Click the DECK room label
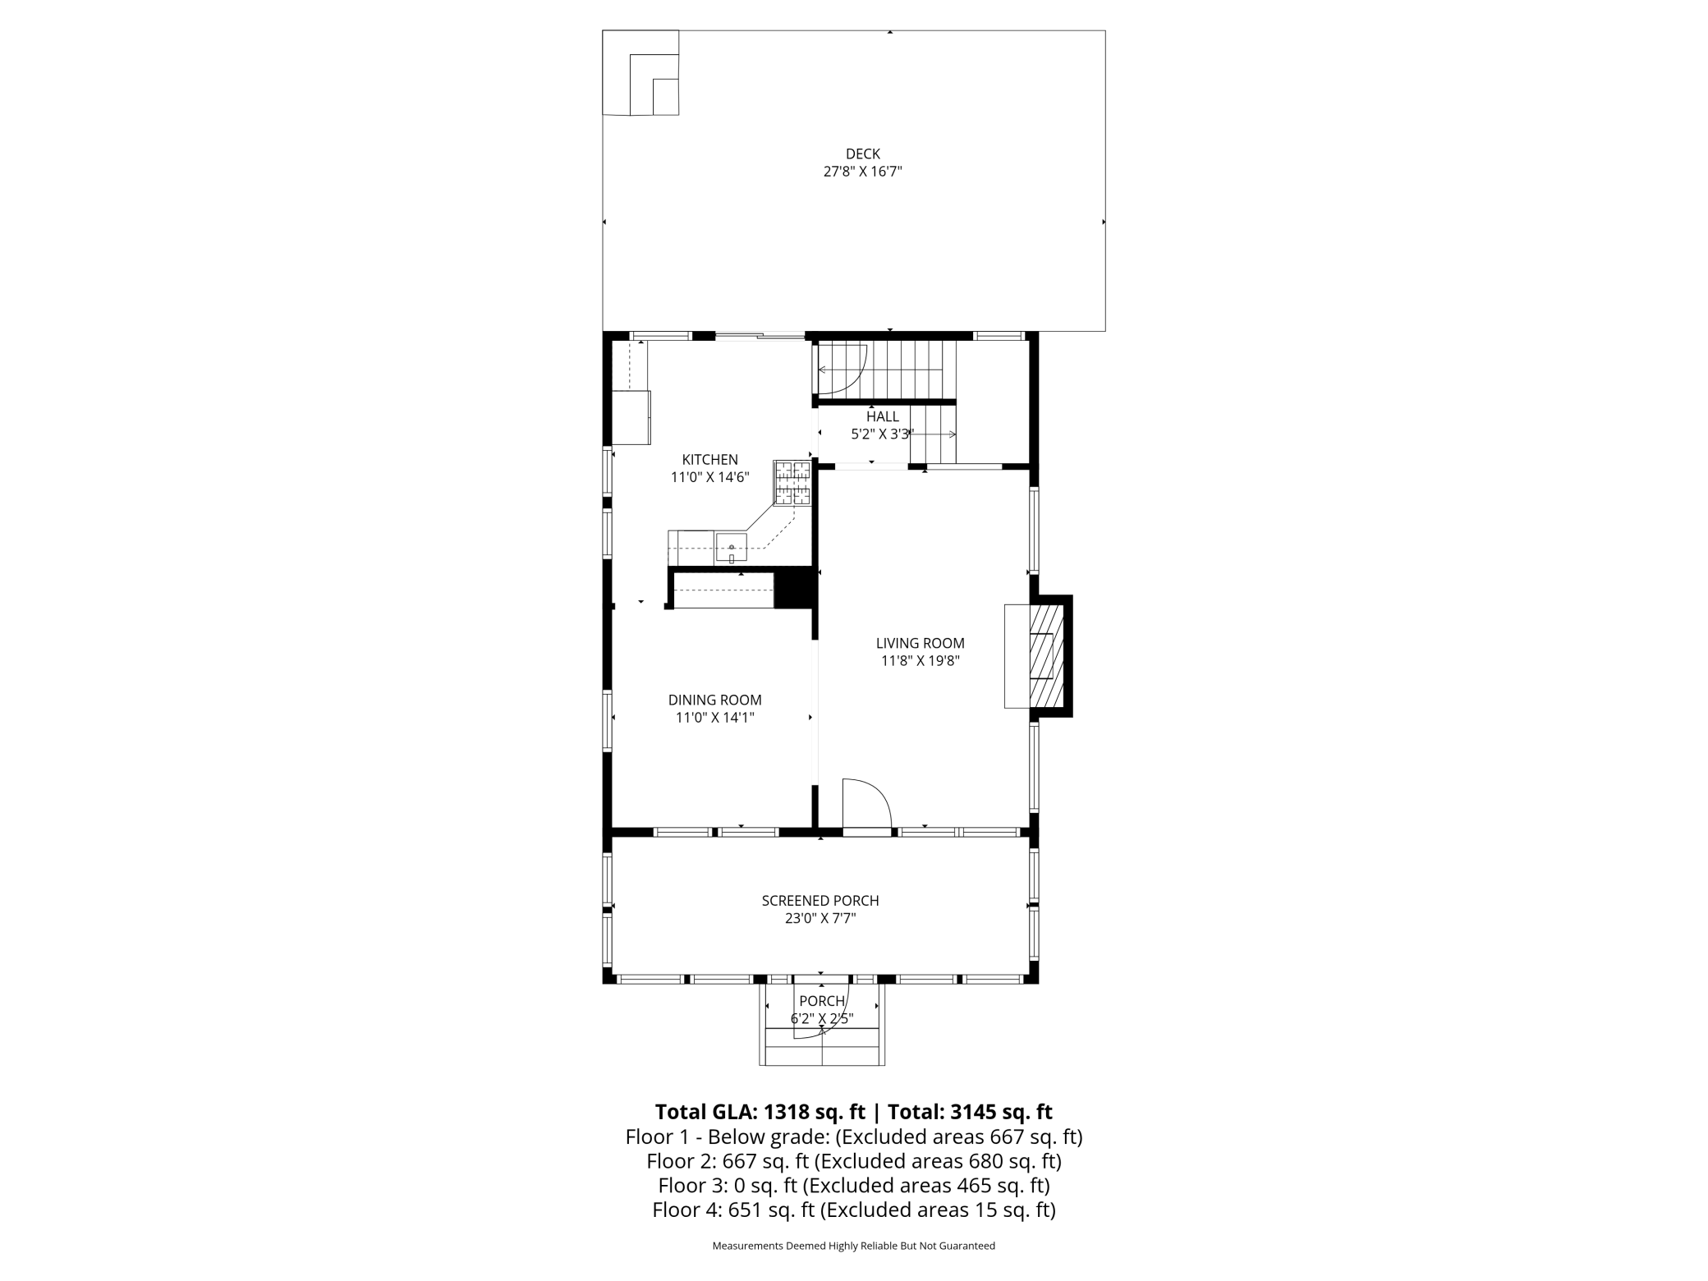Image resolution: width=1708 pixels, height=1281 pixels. click(x=863, y=154)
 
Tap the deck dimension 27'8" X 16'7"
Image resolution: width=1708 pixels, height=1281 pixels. click(x=863, y=172)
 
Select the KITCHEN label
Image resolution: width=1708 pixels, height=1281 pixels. click(x=710, y=460)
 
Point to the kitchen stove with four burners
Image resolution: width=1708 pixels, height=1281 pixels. click(x=792, y=483)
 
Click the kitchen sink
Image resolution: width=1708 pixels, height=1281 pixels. click(x=731, y=547)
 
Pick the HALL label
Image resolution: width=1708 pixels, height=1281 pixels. click(x=883, y=417)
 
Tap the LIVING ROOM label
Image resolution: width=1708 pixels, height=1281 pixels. click(x=920, y=644)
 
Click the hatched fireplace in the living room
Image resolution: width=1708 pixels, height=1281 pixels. click(x=1047, y=656)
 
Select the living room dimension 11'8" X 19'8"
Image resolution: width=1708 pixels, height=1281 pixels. click(x=920, y=661)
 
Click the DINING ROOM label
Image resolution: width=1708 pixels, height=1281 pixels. click(x=714, y=700)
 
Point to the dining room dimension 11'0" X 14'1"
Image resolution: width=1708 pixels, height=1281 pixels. click(x=714, y=718)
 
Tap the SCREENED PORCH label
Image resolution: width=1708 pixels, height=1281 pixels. click(x=820, y=901)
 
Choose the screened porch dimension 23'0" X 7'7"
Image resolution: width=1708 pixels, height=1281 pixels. click(x=820, y=918)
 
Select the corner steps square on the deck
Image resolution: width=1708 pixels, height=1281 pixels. click(x=640, y=73)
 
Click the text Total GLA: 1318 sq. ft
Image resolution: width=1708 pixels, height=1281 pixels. click(x=760, y=1112)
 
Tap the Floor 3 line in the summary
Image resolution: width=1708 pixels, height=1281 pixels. click(x=854, y=1186)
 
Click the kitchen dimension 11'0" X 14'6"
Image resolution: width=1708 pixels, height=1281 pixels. click(x=710, y=477)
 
